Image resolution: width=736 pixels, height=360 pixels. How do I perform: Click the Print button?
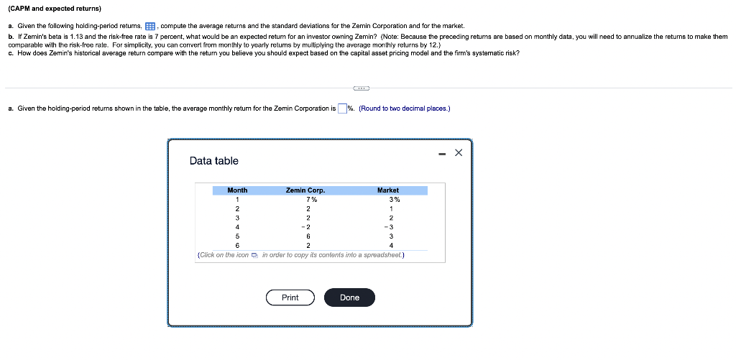coord(290,297)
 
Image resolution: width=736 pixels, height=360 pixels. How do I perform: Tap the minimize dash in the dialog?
coord(441,152)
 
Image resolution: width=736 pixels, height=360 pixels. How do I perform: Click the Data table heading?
coord(213,161)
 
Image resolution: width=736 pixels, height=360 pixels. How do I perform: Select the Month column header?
coord(237,190)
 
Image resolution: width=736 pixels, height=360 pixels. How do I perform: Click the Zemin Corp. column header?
coord(305,190)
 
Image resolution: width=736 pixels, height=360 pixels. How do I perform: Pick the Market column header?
coord(388,190)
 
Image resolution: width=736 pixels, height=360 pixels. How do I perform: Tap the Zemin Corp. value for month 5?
coord(308,236)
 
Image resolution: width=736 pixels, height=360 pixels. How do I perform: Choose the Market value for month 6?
coord(391,245)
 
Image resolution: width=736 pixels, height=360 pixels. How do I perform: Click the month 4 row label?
coord(237,226)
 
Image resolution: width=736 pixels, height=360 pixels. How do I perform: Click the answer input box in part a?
coord(342,109)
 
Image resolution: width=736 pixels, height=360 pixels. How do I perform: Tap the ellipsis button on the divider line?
coord(362,88)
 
